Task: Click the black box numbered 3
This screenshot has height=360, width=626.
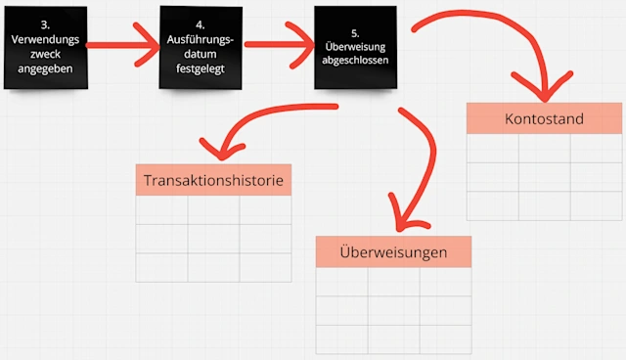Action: point(45,46)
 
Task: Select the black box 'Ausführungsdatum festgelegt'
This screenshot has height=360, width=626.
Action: point(200,46)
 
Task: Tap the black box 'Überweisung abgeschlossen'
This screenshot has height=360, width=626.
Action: point(355,47)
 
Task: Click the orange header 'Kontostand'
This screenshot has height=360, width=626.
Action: point(544,119)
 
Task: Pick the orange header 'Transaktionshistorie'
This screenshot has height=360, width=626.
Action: point(213,181)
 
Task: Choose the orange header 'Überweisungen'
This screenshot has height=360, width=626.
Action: point(393,252)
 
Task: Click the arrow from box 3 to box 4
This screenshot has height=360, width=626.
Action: point(125,43)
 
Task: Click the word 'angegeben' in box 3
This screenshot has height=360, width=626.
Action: point(45,71)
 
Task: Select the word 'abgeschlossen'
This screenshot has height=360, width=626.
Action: point(355,61)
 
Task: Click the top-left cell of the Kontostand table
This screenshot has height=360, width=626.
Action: point(492,148)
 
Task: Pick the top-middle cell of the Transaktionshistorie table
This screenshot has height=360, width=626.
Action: point(213,211)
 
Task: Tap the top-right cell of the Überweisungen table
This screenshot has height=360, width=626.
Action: point(445,282)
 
